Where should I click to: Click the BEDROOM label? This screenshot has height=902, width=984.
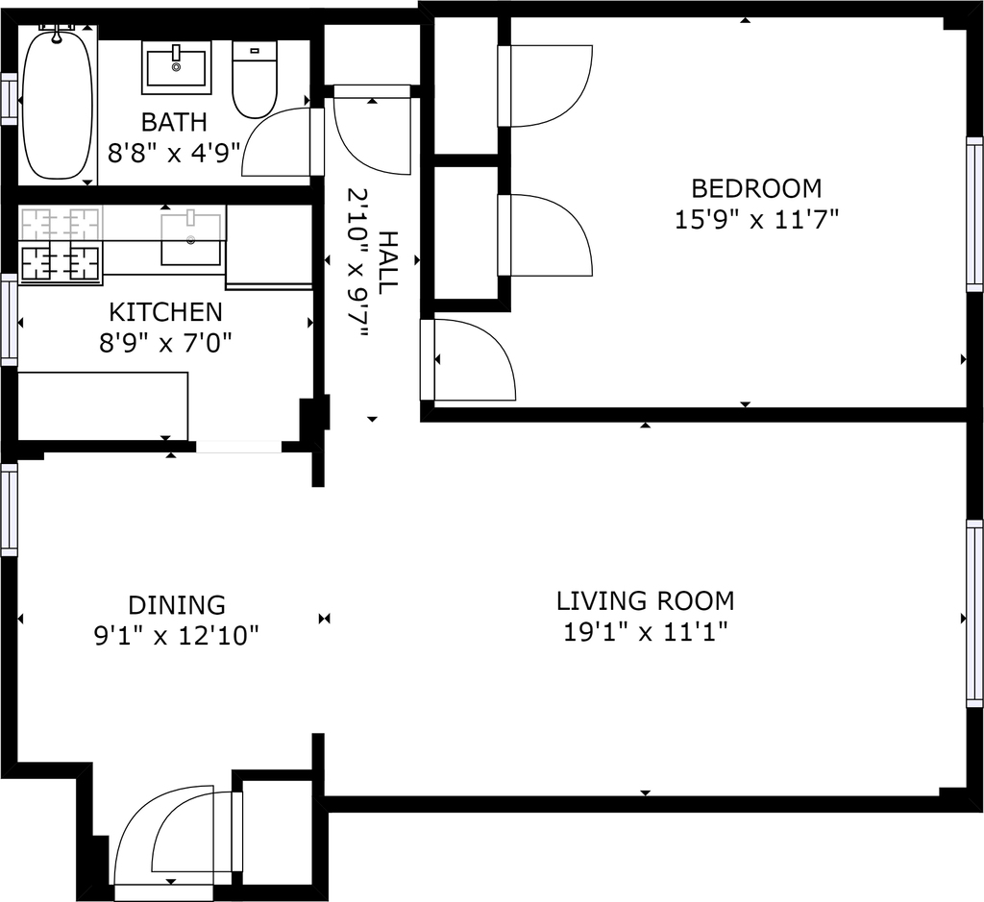756,187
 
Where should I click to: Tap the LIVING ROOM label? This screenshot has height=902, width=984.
645,601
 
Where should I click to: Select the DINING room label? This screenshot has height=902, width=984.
177,605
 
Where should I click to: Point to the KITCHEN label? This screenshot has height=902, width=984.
165,312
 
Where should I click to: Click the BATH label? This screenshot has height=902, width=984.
174,122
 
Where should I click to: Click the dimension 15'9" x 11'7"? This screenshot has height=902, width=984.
756,220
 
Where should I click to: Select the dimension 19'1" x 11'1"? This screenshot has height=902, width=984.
645,632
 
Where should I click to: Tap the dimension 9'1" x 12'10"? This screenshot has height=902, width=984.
177,637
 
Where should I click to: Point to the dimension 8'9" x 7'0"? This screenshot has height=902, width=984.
165,343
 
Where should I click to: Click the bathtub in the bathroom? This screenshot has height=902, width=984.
57,105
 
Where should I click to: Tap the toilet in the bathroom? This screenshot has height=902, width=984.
254,80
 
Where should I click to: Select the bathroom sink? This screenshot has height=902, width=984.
177,67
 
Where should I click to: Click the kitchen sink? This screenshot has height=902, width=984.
191,239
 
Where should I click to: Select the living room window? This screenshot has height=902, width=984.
974,614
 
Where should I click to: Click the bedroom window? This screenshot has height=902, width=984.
974,214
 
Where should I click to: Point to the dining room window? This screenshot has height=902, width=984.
9,509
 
